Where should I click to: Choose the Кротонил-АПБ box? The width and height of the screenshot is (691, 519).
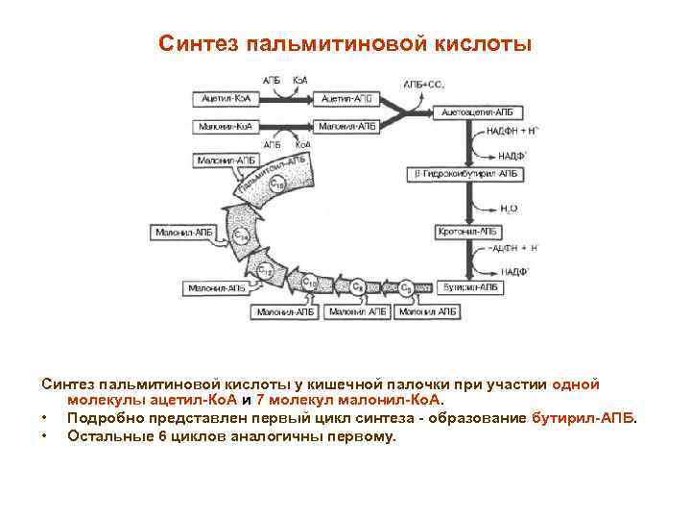(470, 232)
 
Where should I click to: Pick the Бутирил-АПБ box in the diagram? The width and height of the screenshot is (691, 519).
(470, 287)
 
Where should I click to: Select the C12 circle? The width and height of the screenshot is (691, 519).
(267, 271)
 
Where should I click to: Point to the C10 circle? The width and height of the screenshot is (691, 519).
(310, 284)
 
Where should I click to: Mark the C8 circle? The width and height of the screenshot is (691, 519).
(357, 286)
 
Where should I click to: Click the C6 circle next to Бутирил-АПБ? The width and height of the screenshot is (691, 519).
(407, 287)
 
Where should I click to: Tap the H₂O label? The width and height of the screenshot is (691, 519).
(509, 207)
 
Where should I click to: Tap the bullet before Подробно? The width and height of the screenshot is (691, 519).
(45, 419)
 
